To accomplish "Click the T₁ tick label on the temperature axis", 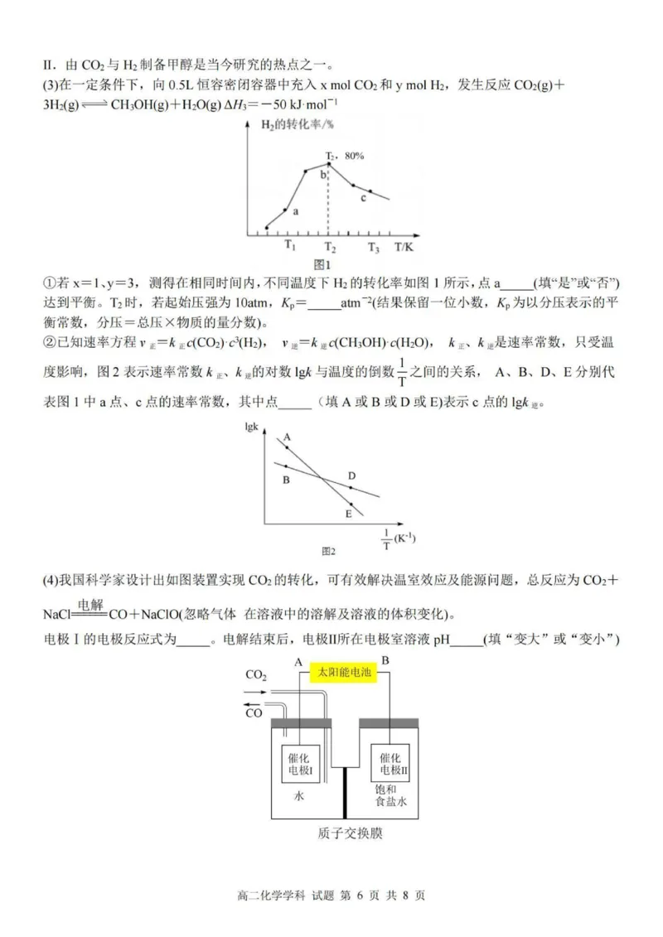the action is (288, 245).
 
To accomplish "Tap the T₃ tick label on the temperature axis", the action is (374, 246).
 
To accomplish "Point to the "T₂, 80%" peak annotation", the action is (345, 156).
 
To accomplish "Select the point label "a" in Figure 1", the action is (296, 212).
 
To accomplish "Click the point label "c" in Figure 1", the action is (362, 198).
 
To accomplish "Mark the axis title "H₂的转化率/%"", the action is (287, 124).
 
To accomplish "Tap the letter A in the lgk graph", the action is (286, 437).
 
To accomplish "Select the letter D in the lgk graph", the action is (351, 476).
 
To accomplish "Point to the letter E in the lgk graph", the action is (349, 514).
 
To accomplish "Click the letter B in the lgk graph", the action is (285, 480).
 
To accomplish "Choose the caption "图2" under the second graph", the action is (329, 550).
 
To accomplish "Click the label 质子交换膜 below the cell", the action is (350, 833).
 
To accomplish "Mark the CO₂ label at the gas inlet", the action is (256, 675).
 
